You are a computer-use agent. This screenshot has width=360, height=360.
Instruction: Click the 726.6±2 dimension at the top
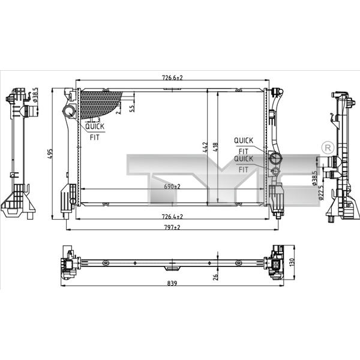pos(172,77)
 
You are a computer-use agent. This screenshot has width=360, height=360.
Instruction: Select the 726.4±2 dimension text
pos(172,217)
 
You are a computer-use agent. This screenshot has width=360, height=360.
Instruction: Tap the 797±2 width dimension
pos(172,227)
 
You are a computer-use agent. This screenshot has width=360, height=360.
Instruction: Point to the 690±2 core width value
pos(172,187)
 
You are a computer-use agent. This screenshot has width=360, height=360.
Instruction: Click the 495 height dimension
pos(50,154)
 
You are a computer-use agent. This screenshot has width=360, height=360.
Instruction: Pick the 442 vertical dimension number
pos(205,147)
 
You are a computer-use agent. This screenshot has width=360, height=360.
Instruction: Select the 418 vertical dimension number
pos(215,147)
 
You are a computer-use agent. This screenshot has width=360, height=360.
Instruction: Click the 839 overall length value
pos(172,283)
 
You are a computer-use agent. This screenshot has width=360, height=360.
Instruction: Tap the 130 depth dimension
pos(292,262)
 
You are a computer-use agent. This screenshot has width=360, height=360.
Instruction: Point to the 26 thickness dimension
pos(215,277)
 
